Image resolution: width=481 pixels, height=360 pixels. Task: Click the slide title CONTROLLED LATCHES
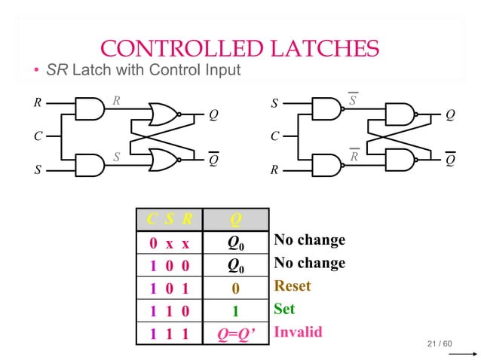240,49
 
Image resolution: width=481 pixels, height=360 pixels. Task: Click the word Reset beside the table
293,286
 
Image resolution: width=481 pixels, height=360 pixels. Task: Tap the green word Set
284,309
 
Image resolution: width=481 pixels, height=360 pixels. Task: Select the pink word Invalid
298,331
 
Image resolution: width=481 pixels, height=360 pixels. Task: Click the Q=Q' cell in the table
236,332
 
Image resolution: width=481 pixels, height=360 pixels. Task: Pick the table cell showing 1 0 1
169,287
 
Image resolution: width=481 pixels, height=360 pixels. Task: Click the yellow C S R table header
169,219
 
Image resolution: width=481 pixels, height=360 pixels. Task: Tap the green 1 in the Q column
236,310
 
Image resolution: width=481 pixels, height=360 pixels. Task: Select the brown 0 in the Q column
236,287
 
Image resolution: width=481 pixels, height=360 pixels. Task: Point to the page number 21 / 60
439,344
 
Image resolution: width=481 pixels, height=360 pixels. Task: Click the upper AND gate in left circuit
90,108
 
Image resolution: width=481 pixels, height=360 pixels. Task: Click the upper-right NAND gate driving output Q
400,114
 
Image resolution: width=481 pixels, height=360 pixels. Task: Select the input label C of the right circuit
275,137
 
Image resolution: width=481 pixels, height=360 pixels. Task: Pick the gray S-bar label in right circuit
353,99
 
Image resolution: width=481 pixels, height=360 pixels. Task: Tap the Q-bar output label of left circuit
213,159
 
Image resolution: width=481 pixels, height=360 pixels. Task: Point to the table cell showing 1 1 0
169,310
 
